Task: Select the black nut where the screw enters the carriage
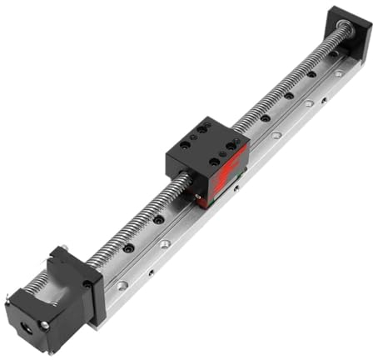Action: [x=184, y=180]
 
